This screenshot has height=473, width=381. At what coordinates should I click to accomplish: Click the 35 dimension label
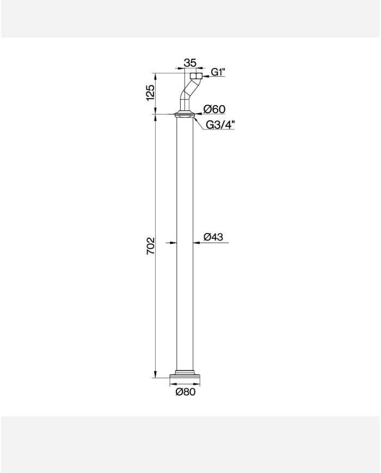pyautogui.click(x=190, y=63)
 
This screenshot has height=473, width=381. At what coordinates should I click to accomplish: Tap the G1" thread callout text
pyautogui.click(x=218, y=72)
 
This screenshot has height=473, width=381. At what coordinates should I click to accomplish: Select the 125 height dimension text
pyautogui.click(x=150, y=93)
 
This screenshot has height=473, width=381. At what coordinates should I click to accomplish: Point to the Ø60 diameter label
pyautogui.click(x=214, y=109)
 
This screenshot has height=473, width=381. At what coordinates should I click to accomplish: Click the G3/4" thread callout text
pyautogui.click(x=220, y=125)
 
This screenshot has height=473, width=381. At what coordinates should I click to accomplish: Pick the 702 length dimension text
pyautogui.click(x=150, y=246)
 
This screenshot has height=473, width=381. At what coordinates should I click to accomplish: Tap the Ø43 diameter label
pyautogui.click(x=213, y=237)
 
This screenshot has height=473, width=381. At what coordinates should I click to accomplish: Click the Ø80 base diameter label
pyautogui.click(x=186, y=392)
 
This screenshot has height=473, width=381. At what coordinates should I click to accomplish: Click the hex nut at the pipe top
pyautogui.click(x=196, y=76)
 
